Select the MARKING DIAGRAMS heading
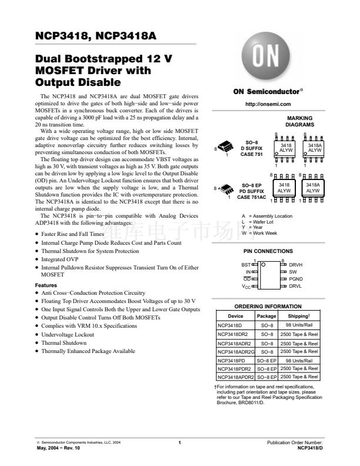(299, 122)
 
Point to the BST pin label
(246, 265)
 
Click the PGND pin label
(296, 279)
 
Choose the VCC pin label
(246, 286)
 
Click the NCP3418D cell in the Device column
(230, 325)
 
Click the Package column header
(266, 316)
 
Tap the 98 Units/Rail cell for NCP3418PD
(299, 360)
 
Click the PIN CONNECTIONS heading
(268, 251)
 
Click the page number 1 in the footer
(179, 442)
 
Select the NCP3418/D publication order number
(311, 447)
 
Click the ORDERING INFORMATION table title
(268, 307)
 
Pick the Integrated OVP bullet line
(61, 259)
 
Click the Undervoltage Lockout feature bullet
(68, 334)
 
